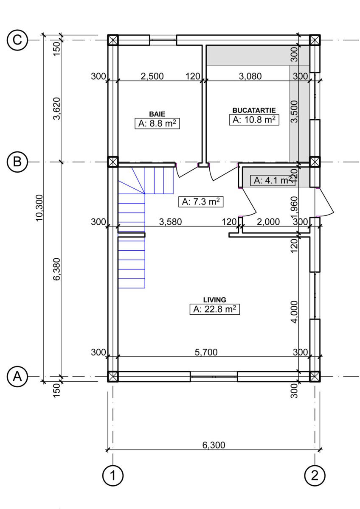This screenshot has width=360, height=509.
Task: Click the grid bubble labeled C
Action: tap(17, 40)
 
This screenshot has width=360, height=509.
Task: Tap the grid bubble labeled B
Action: tap(17, 162)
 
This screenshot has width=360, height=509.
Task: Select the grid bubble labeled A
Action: tap(17, 377)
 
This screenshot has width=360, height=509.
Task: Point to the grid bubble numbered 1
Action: tap(113, 475)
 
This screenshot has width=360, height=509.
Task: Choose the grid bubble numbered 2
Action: tap(315, 475)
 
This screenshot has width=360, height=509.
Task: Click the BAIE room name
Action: tap(157, 114)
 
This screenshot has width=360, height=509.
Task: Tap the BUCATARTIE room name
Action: tap(254, 110)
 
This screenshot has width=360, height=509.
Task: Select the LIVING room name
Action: tap(215, 300)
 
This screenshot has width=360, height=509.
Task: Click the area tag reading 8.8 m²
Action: tap(157, 123)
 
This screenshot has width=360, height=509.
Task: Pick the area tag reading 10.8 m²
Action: tap(254, 120)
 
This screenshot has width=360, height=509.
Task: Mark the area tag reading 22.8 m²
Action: tap(215, 309)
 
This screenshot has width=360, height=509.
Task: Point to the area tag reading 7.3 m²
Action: tap(201, 201)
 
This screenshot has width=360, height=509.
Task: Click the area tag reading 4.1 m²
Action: tap(273, 180)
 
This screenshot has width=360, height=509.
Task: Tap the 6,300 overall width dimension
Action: tap(214, 445)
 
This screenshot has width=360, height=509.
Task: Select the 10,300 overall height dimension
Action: tap(39, 208)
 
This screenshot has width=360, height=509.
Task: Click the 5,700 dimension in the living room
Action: tap(206, 352)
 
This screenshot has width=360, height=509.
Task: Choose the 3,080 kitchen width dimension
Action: tap(250, 76)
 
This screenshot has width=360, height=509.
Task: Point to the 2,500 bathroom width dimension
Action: tap(152, 76)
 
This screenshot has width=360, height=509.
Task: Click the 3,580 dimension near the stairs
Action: tap(170, 222)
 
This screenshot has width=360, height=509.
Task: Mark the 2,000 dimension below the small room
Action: tap(268, 222)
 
